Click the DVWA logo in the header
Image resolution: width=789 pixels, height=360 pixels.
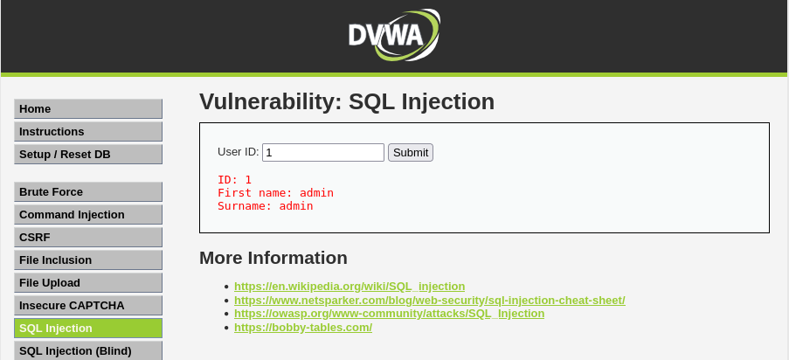click(393, 34)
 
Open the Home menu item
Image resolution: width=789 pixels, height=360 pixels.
click(88, 109)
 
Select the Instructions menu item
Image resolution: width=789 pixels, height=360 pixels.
click(88, 132)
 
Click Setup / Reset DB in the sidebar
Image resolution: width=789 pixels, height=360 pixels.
click(88, 155)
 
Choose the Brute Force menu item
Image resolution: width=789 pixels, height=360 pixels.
click(88, 192)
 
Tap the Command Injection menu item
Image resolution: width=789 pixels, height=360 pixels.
click(88, 215)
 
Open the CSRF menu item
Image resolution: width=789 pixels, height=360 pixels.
click(88, 238)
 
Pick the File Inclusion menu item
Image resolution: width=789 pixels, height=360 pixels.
click(88, 260)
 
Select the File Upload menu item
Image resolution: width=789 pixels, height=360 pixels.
click(88, 283)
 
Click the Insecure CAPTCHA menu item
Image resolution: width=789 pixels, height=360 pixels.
click(88, 306)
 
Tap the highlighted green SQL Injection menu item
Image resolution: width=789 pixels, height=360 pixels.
click(88, 329)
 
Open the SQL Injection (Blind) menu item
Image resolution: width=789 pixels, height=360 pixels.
click(88, 350)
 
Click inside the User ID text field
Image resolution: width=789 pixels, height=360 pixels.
click(323, 153)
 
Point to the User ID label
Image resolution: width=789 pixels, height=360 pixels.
click(238, 152)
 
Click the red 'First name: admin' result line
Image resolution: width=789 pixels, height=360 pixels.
click(275, 193)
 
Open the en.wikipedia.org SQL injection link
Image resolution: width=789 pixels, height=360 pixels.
click(350, 287)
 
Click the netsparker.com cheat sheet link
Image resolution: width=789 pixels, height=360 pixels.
click(429, 300)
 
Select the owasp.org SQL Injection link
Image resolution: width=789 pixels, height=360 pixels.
click(389, 314)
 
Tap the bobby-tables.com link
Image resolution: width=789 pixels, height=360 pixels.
click(303, 328)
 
